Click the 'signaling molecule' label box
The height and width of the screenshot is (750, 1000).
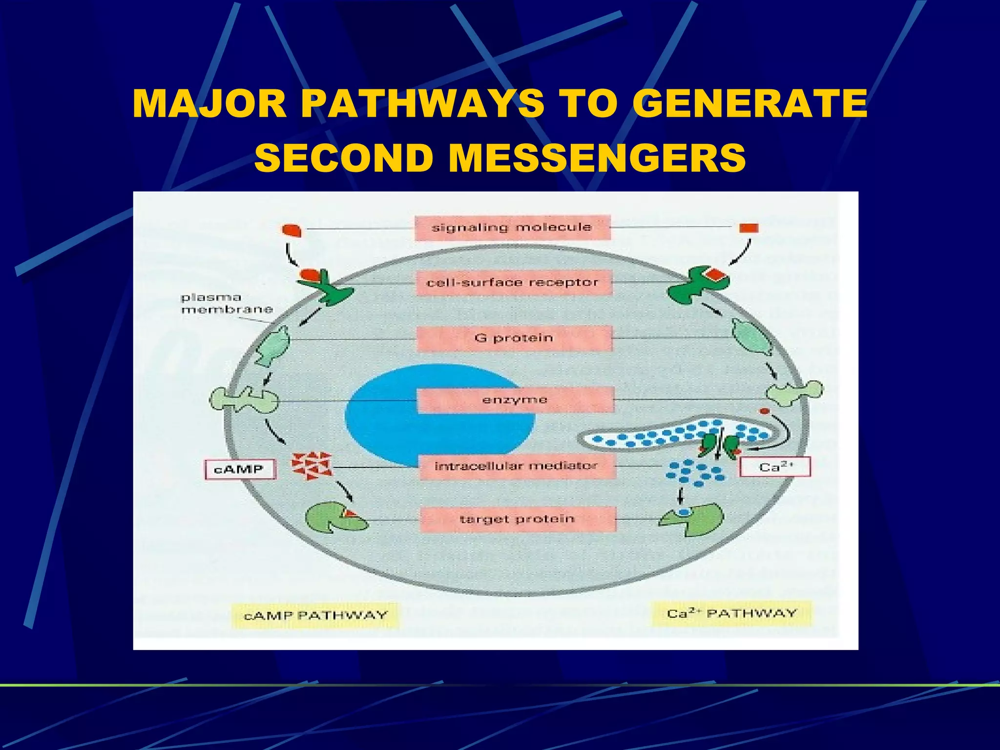(x=512, y=228)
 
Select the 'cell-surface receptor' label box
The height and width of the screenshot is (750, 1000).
(x=514, y=283)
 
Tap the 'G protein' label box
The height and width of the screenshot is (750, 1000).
(x=514, y=338)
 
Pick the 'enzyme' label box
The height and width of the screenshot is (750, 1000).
(x=515, y=400)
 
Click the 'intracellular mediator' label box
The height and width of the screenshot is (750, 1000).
(x=517, y=466)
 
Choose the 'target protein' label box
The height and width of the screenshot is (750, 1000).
(x=518, y=519)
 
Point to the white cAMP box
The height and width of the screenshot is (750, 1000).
(x=239, y=469)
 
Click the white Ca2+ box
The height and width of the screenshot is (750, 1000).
(x=775, y=467)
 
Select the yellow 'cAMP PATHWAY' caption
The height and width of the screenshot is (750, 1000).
(x=315, y=615)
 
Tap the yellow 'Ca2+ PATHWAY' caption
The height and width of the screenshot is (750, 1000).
(x=731, y=614)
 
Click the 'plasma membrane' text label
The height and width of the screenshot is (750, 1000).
(x=226, y=303)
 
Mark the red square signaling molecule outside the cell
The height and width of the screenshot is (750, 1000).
(x=749, y=228)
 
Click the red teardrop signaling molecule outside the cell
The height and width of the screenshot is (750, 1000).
(x=292, y=230)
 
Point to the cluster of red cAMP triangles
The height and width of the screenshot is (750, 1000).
(x=312, y=465)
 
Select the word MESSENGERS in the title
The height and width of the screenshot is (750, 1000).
(x=597, y=158)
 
